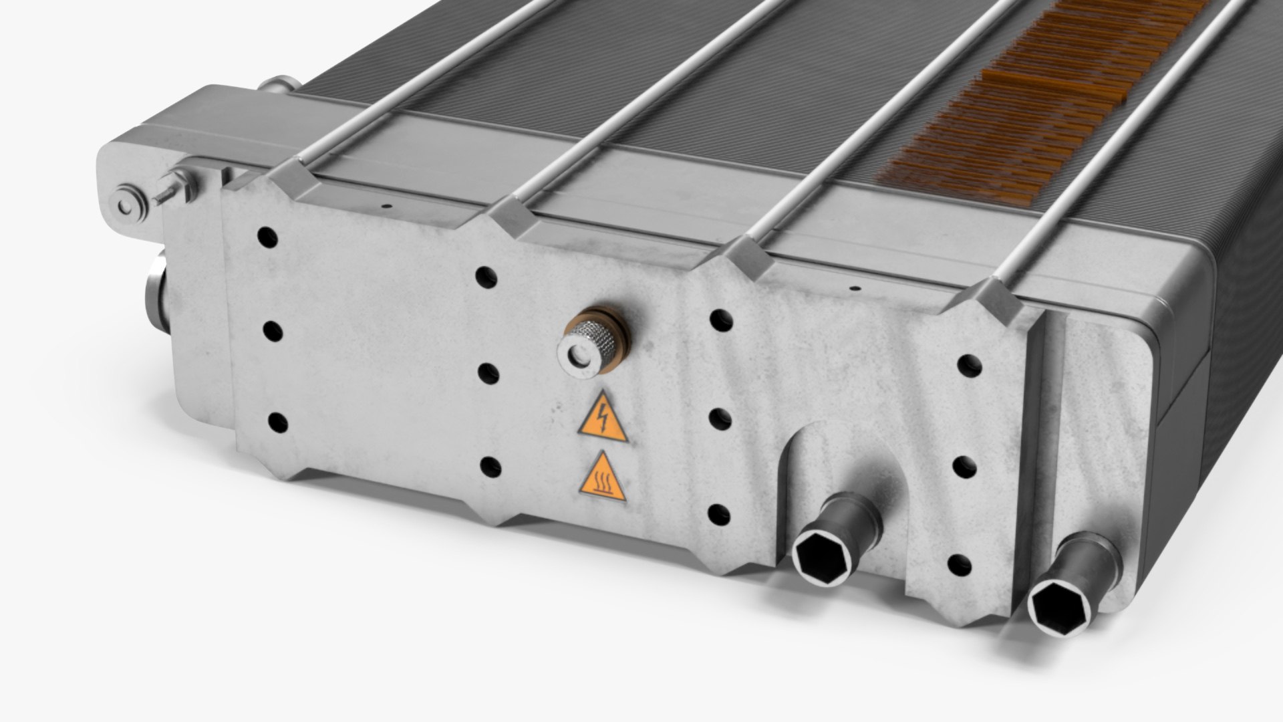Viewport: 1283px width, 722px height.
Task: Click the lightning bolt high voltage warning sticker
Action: (602, 418)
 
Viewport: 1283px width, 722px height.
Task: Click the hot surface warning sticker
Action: (602, 479)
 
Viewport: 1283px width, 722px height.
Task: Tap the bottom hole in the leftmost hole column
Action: (277, 423)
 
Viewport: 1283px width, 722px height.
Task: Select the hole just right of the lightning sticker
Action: (720, 419)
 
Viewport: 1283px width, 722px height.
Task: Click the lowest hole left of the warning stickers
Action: (490, 467)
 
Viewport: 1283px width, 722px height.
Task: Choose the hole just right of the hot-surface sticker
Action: (718, 513)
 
